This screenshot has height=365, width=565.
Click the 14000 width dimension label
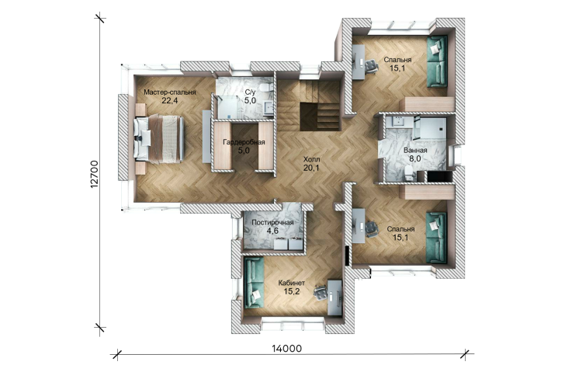(287, 349)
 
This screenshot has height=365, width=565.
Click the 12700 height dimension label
(95, 174)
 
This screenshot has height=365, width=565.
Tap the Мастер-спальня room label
(170, 92)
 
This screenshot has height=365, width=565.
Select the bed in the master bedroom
(158, 138)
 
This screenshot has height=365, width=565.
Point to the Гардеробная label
(244, 142)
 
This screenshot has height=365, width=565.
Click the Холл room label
(311, 159)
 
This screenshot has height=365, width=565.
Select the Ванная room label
(415, 151)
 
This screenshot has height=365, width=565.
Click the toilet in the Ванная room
(409, 172)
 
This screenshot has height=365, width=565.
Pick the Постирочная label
(272, 223)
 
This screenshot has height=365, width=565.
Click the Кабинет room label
(292, 283)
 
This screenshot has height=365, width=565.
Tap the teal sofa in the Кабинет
(254, 283)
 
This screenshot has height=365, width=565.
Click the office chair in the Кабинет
(320, 293)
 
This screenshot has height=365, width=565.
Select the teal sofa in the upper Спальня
(437, 61)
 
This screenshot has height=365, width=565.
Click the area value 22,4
(170, 100)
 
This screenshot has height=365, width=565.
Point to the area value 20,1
(311, 167)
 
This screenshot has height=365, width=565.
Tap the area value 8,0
(415, 158)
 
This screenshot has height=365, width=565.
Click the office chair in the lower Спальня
(371, 228)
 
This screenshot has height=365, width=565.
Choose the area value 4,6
(272, 231)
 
